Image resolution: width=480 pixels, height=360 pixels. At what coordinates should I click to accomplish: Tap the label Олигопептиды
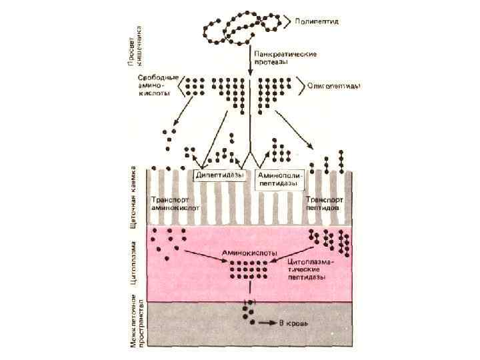pyautogui.click(x=335, y=85)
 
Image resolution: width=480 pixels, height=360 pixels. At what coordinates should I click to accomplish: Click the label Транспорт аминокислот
pyautogui.click(x=175, y=203)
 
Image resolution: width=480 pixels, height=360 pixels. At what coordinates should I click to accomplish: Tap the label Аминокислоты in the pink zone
pyautogui.click(x=247, y=253)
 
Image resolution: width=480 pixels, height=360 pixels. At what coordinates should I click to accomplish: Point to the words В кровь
pyautogui.click(x=294, y=323)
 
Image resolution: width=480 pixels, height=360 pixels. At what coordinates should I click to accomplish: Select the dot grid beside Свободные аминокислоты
pyautogui.click(x=194, y=87)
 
